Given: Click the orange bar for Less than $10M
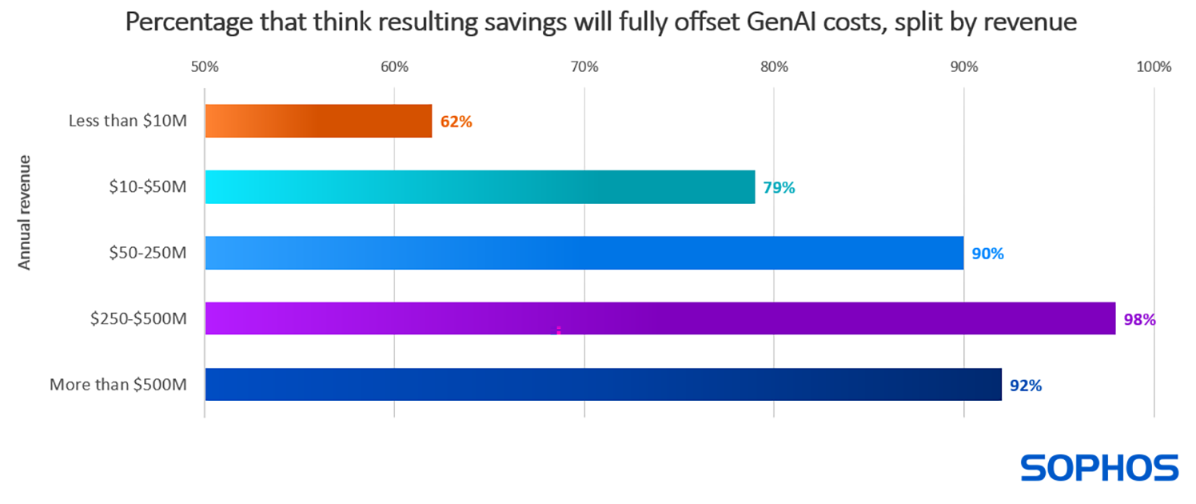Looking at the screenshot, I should coord(318,121).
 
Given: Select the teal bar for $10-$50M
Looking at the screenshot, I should coord(480,187).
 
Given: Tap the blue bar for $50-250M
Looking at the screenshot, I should coord(584,253).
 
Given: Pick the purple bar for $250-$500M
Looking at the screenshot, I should coord(660,318).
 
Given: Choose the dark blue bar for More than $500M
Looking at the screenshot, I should coord(603,384).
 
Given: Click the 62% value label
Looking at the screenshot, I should coord(456,122).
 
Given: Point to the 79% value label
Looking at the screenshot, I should coord(779,189).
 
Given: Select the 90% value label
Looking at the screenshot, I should coord(987,254).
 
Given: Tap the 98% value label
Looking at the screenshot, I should coord(1139,320).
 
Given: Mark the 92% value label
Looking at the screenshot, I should coord(1025,386).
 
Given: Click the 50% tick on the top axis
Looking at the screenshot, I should coord(205,67).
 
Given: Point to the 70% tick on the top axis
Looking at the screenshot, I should coord(584,67).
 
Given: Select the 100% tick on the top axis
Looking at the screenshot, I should coord(1153,67).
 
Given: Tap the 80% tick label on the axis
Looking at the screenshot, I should coord(774,67).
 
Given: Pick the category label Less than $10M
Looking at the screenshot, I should coord(128,122).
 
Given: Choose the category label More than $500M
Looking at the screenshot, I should coord(118,385).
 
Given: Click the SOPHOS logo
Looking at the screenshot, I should coord(1099,468).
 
